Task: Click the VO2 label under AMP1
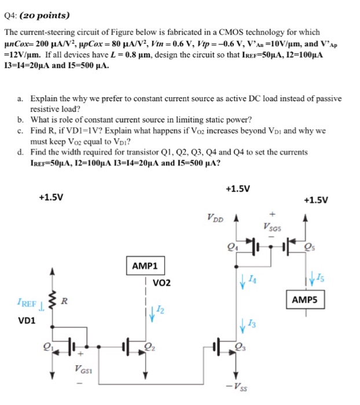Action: pos(162,283)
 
